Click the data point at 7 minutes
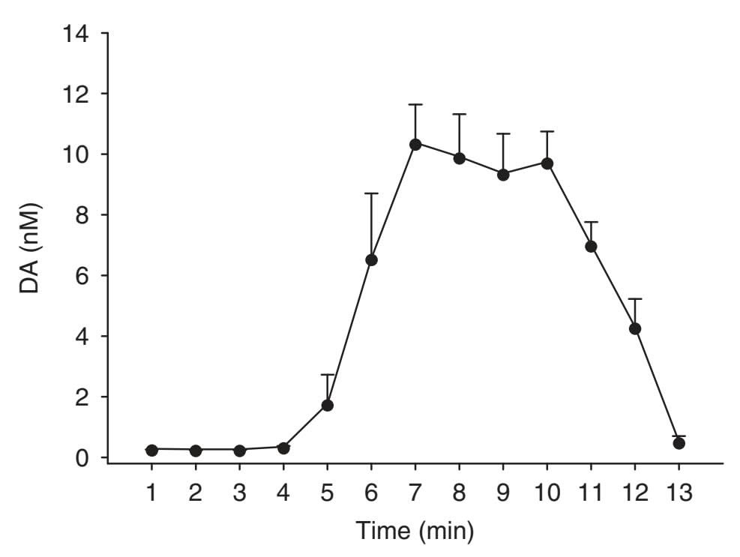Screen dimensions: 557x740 click(x=415, y=144)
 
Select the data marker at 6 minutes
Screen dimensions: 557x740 click(x=371, y=259)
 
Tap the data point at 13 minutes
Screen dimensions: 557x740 click(x=679, y=443)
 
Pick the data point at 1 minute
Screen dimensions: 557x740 click(x=152, y=450)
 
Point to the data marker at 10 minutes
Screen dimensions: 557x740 click(x=547, y=163)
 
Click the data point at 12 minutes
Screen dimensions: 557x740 click(x=635, y=328)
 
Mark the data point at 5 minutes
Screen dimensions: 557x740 click(x=328, y=405)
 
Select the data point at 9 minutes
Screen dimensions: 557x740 click(x=503, y=175)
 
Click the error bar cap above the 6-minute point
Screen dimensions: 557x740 click(x=371, y=193)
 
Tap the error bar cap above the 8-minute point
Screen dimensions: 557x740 click(x=460, y=114)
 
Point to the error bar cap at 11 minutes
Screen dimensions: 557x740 click(x=591, y=222)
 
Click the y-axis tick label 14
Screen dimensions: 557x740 click(x=78, y=34)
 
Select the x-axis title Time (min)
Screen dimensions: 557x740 click(x=415, y=532)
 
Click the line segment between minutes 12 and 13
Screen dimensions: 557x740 click(x=658, y=386)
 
